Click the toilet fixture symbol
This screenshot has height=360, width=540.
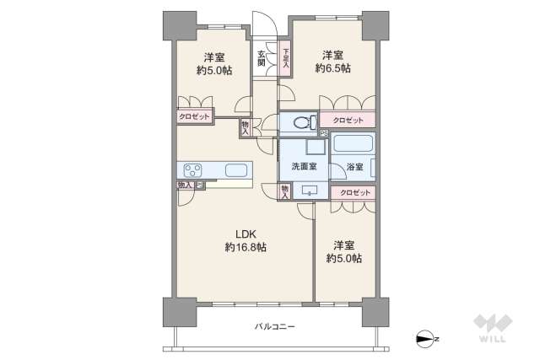pyautogui.click(x=300, y=122)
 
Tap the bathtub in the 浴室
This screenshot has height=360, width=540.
pyautogui.click(x=353, y=142)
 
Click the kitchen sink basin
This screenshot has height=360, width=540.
pyautogui.click(x=237, y=171)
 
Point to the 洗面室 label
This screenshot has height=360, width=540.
pyautogui.click(x=304, y=166)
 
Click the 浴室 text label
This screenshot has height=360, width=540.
pyautogui.click(x=354, y=167)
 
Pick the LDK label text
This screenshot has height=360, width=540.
pyautogui.click(x=246, y=234)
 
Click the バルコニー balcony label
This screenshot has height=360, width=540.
pyautogui.click(x=274, y=326)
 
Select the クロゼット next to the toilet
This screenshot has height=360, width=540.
pyautogui.click(x=348, y=121)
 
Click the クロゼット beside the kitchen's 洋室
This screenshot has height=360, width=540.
pyautogui.click(x=193, y=118)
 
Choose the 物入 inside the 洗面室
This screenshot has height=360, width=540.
pyautogui.click(x=286, y=191)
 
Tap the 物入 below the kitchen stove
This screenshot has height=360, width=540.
pyautogui.click(x=182, y=185)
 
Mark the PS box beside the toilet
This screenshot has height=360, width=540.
pyautogui.click(x=323, y=132)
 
